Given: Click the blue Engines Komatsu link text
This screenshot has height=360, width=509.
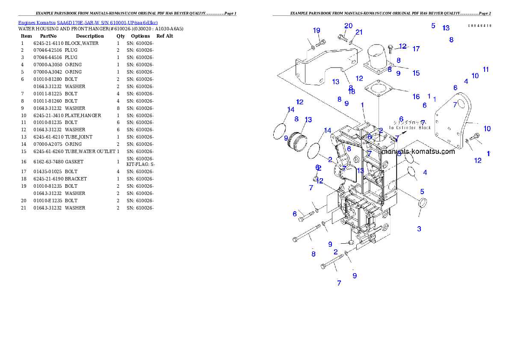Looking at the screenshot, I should [x=88, y=23].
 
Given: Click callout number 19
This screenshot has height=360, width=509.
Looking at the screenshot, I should [x=317, y=30].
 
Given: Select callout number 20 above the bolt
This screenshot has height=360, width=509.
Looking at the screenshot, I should [x=349, y=26].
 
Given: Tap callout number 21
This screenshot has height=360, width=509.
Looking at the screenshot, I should [x=359, y=32].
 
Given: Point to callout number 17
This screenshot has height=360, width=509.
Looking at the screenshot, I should [x=416, y=49].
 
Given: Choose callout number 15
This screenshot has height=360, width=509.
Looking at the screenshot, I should [x=416, y=73].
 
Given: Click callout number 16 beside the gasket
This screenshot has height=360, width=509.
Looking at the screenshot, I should [x=416, y=97].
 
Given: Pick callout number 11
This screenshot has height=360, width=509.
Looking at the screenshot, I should [x=486, y=69].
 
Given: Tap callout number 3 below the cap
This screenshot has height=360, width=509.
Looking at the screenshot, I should [x=419, y=229].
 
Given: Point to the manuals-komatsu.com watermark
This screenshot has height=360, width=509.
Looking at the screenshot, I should [x=418, y=151].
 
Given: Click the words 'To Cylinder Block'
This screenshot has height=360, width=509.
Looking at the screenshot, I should [x=410, y=127].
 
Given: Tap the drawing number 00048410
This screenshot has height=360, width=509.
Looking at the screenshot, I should [x=479, y=26].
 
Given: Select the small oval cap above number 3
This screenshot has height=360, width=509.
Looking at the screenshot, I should [x=421, y=204].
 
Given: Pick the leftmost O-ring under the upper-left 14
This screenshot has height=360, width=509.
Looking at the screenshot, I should [x=280, y=131].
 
